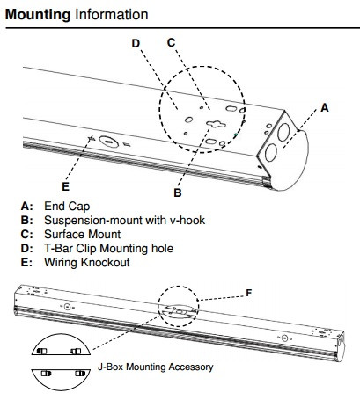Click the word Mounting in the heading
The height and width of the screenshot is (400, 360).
(38, 15)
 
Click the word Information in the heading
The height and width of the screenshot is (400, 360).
(111, 15)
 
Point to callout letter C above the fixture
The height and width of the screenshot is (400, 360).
(172, 41)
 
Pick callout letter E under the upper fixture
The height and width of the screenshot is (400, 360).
(65, 185)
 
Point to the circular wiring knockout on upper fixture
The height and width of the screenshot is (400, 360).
(107, 141)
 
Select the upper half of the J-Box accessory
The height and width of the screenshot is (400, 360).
(62, 349)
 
